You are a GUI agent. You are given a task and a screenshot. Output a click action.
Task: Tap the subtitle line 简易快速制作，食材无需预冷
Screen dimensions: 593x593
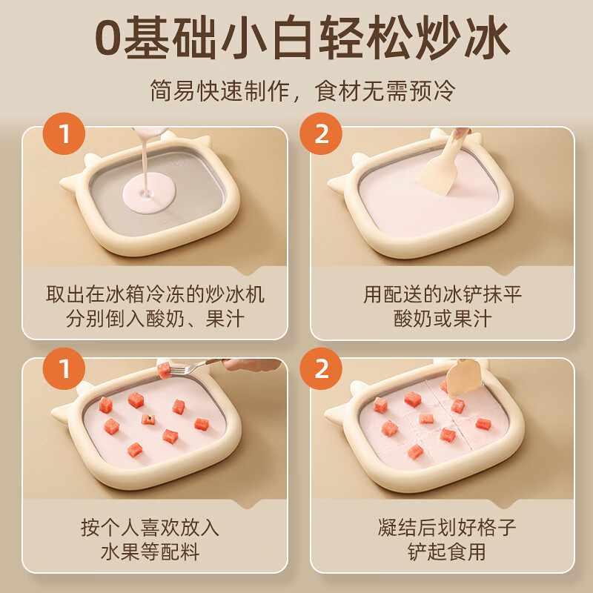tap(296, 91)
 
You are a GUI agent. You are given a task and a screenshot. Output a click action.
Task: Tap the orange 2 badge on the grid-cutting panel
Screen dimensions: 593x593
tap(321, 368)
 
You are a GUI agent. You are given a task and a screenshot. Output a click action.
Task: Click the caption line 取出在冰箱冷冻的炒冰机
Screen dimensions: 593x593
tap(155, 294)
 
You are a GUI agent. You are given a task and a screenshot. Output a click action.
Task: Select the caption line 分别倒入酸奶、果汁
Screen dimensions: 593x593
tap(155, 319)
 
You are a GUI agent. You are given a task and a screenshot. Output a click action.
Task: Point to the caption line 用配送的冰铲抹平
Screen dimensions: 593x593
tap(443, 294)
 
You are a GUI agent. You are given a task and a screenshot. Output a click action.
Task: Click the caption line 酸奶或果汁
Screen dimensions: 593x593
tap(443, 319)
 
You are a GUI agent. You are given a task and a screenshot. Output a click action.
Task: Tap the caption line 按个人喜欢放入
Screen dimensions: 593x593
tap(155, 528)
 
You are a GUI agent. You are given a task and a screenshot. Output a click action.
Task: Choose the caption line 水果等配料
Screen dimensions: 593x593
tap(155, 553)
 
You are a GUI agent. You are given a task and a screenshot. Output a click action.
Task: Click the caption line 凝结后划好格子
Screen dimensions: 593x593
tap(443, 528)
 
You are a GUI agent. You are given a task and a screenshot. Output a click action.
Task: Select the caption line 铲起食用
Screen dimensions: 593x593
tap(443, 553)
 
